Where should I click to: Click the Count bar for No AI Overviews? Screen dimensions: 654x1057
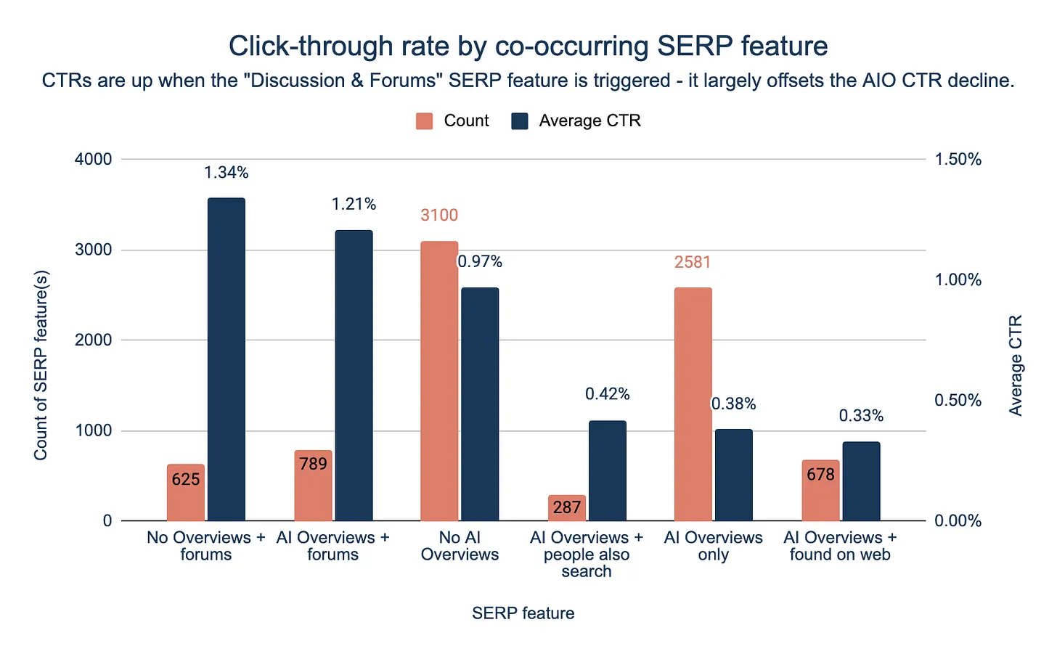439,381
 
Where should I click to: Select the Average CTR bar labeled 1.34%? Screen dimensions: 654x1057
226,359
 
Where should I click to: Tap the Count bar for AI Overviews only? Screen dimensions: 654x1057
693,404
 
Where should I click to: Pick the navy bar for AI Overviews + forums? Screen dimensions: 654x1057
354,375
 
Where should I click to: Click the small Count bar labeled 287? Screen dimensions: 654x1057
566,508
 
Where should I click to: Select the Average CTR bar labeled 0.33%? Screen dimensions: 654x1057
861,481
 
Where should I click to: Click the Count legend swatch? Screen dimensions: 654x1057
425,121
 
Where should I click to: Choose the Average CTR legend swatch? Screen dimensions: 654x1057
520,121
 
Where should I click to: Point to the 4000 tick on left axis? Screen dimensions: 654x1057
94,159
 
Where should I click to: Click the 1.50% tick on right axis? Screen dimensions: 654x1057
958,159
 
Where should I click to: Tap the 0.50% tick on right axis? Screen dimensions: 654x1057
958,400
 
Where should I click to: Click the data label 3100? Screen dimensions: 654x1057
439,216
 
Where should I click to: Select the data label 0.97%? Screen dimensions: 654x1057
480,261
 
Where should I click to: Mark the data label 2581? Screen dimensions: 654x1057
693,262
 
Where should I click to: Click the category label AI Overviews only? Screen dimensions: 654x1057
713,546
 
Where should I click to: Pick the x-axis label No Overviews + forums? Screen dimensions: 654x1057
205,546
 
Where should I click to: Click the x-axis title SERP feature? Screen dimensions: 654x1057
523,613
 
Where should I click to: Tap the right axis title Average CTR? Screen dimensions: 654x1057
1016,365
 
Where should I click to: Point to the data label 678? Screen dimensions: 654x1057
820,475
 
